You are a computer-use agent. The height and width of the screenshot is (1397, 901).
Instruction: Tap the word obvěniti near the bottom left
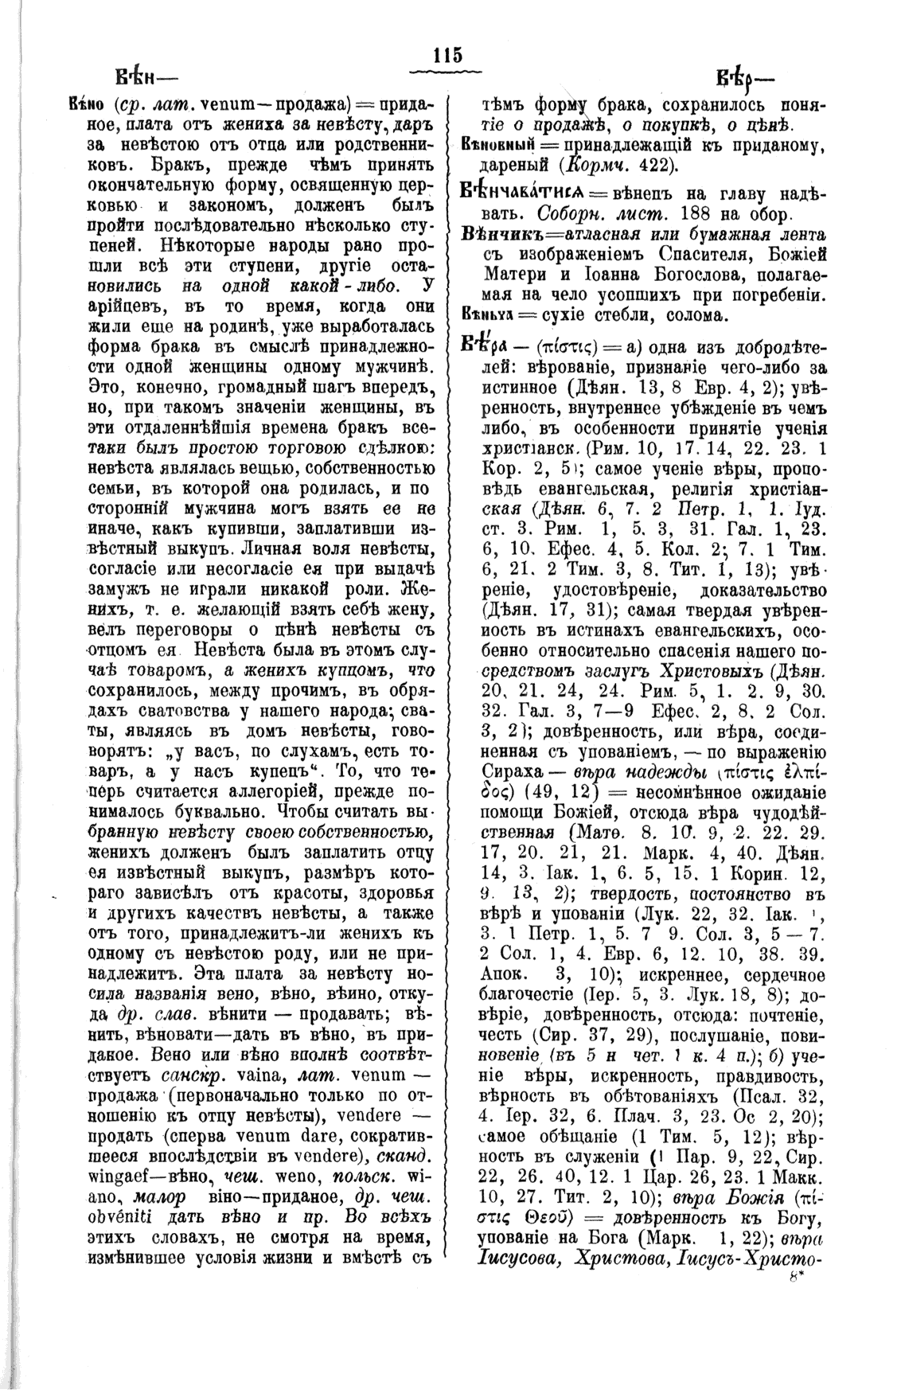pos(119,1213)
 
